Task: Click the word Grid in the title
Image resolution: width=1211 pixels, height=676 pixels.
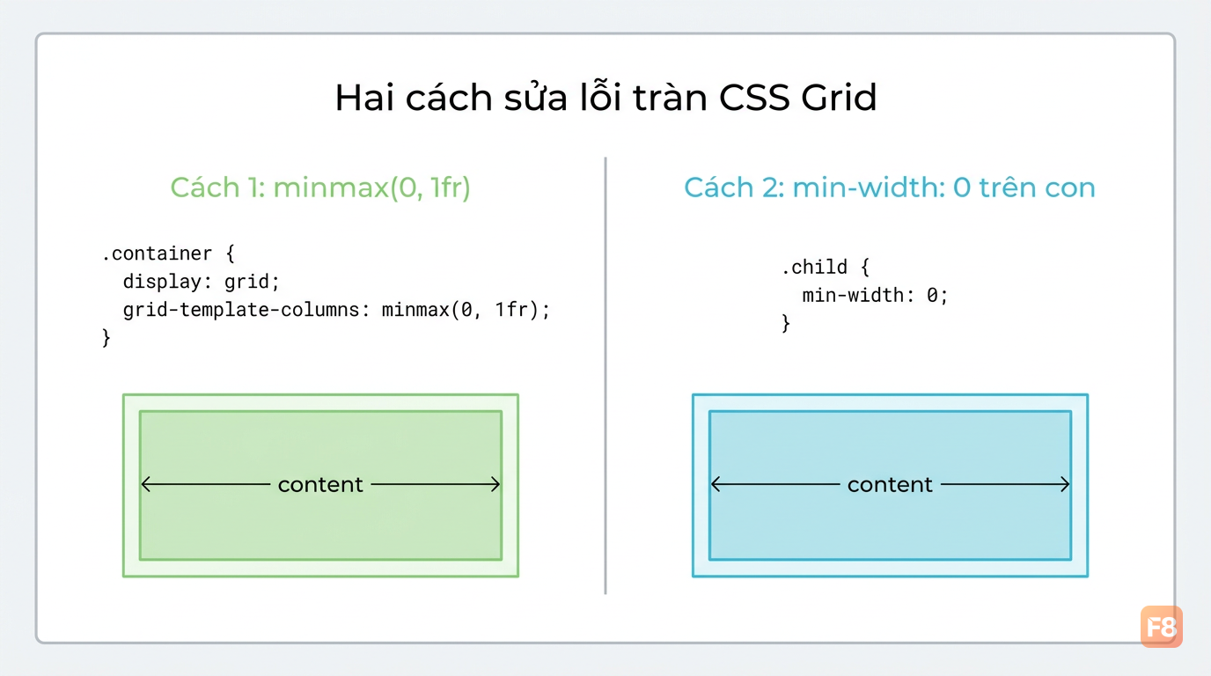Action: [x=839, y=98]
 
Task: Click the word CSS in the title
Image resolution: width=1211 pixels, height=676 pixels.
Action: [x=754, y=98]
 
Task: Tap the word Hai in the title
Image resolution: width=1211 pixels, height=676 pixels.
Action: [x=364, y=98]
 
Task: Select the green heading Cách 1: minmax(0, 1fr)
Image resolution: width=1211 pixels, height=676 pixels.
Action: [x=320, y=187]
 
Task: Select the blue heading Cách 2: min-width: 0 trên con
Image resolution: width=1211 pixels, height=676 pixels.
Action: [x=889, y=187]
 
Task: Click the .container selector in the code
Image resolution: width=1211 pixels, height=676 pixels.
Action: [x=157, y=253]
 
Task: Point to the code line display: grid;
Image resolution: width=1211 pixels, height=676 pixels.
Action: [x=201, y=281]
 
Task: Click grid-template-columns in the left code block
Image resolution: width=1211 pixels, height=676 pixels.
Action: [x=241, y=310]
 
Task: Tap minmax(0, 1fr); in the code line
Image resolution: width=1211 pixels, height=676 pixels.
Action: [x=466, y=310]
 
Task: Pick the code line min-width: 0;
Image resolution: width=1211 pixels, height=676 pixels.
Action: [x=875, y=295]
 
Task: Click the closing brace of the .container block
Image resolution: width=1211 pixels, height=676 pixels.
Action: [x=106, y=338]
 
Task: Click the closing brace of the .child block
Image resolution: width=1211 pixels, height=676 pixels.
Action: [x=786, y=323]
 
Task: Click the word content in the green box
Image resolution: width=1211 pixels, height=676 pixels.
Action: [x=320, y=485]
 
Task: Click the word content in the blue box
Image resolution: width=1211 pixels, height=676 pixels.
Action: [x=890, y=485]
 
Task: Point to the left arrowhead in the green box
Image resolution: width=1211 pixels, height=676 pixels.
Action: [x=145, y=484]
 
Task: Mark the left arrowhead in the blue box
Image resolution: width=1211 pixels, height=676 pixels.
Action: [x=715, y=484]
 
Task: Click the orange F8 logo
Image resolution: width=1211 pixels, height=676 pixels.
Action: [x=1161, y=628]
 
